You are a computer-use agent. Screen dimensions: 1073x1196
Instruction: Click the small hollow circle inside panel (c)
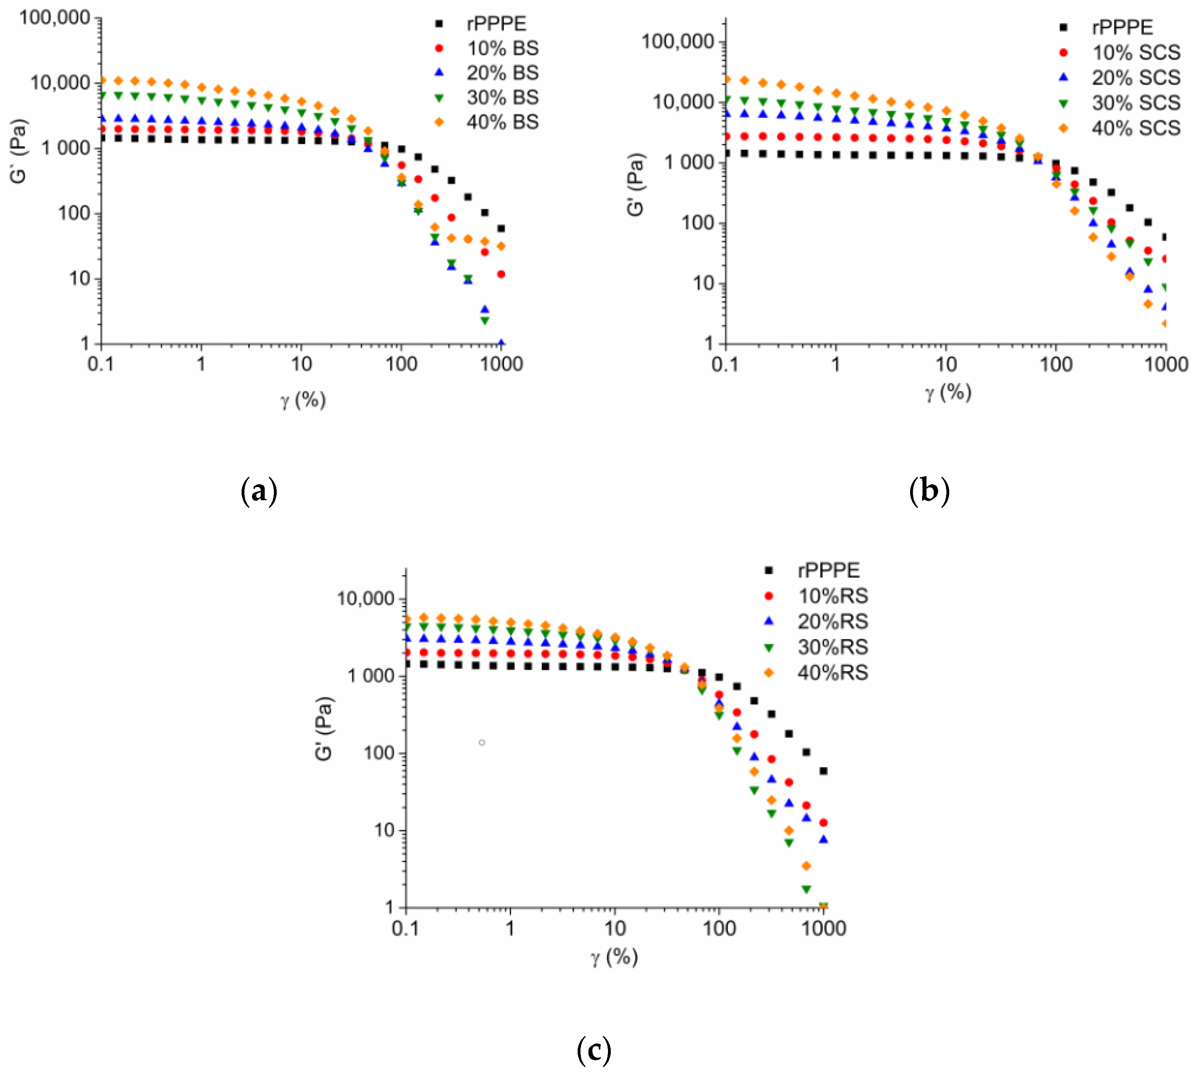[482, 742]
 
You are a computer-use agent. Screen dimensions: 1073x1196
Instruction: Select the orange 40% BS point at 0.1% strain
[102, 80]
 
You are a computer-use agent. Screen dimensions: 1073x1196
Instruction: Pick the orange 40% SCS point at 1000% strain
[1165, 324]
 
